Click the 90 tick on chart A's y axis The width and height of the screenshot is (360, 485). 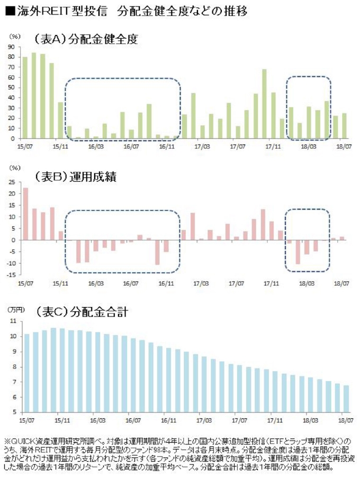pos(11,47)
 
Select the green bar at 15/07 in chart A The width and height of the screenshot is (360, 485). pos(25,97)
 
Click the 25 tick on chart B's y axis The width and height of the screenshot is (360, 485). pos(10,182)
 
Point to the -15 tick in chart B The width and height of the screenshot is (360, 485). pos(9,275)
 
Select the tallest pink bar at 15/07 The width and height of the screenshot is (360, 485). pos(25,214)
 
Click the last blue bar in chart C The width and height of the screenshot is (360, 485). pos(346,398)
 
